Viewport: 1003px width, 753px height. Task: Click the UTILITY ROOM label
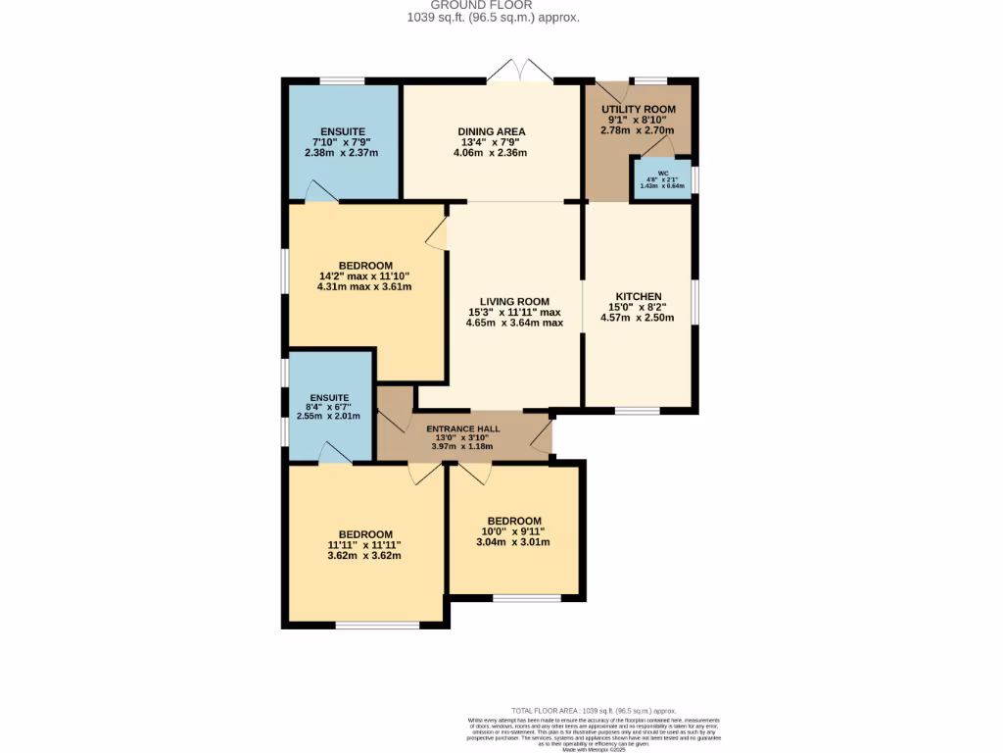coord(638,109)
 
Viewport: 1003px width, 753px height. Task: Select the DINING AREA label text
coord(492,131)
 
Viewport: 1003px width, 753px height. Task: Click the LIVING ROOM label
coord(514,301)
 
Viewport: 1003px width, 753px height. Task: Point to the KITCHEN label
coord(639,296)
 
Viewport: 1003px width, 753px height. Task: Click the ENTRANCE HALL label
coord(463,428)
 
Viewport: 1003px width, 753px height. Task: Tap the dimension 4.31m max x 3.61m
coord(365,287)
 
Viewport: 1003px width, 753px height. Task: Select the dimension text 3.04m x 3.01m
coord(513,542)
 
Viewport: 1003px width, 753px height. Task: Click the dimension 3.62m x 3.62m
coord(363,555)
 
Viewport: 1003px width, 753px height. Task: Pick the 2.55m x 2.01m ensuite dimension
coord(328,416)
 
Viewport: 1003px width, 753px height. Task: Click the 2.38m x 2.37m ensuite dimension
coord(341,153)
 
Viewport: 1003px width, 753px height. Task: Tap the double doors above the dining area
coord(521,72)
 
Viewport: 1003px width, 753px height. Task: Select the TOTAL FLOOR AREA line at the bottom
coord(594,710)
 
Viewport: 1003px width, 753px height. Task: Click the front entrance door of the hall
coord(542,436)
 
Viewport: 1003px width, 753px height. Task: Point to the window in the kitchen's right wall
coord(695,301)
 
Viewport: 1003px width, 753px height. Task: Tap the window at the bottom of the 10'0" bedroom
coord(526,596)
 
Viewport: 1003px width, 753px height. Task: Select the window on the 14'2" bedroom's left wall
coord(285,269)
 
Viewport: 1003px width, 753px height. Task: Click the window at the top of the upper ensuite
coord(342,80)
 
